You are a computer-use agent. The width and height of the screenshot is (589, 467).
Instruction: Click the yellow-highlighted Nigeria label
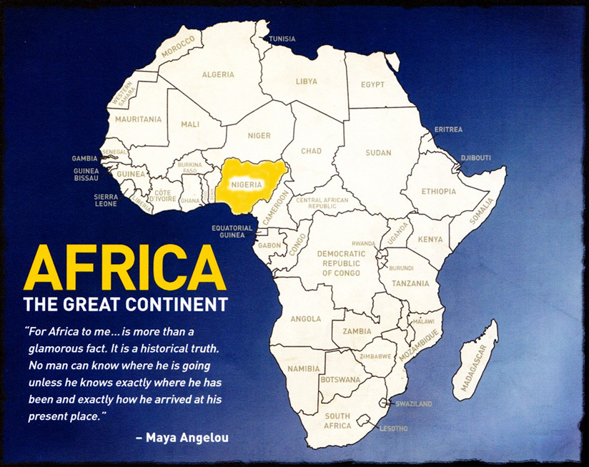(246, 184)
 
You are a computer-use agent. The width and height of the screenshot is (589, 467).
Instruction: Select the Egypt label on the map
(372, 84)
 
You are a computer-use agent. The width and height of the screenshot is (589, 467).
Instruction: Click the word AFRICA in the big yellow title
(119, 267)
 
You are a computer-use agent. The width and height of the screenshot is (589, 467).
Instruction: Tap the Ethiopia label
(438, 191)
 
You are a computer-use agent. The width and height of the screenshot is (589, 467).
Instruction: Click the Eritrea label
(448, 129)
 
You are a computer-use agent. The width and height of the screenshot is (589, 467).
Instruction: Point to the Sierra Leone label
(106, 200)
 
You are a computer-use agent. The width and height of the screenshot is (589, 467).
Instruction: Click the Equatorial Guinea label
(232, 231)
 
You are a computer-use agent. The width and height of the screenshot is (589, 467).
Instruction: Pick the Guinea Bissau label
(86, 175)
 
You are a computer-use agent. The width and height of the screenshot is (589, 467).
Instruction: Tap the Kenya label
(430, 239)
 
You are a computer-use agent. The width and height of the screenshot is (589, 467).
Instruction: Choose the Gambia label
(85, 158)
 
